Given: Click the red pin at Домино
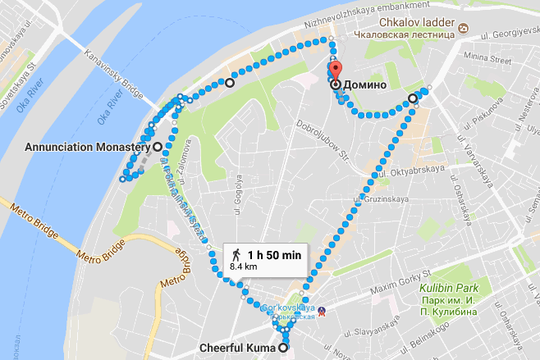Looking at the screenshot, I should coord(335,70).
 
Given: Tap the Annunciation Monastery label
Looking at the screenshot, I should coord(85,147).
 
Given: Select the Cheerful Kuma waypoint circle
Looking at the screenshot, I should coord(284,349).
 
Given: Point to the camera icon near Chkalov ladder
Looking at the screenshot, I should coord(463,30).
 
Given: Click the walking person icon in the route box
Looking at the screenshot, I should coord(236,254).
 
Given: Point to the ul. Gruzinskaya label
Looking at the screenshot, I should coord(381,197).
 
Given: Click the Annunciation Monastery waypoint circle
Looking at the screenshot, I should coord(157,147).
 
